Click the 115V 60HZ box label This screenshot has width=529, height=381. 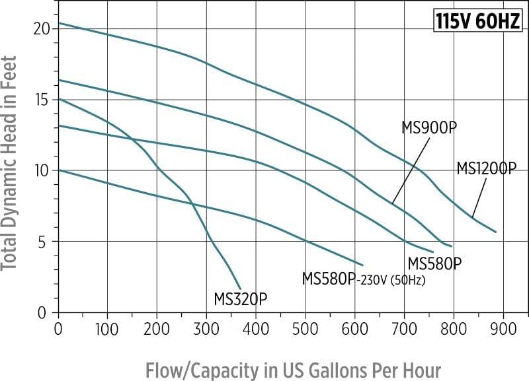click(x=478, y=22)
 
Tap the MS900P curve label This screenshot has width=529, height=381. click(x=430, y=127)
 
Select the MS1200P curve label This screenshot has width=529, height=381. click(x=486, y=168)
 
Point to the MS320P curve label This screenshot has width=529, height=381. click(x=241, y=299)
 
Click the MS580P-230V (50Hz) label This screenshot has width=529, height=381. click(x=363, y=279)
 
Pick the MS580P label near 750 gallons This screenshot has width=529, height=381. click(x=434, y=263)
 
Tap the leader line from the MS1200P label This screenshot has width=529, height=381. click(x=480, y=197)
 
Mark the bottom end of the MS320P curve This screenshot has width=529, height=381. click(x=241, y=289)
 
